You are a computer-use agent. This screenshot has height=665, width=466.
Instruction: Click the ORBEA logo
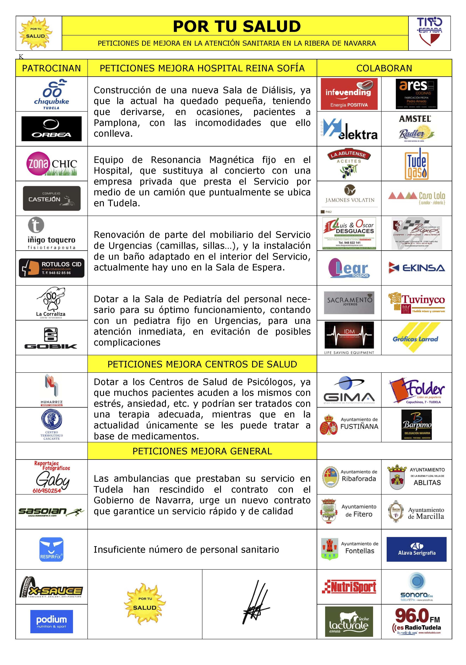pos(51,129)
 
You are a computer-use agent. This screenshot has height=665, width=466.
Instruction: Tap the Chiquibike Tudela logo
pos(51,94)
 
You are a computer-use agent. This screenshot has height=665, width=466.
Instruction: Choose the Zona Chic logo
pos(51,164)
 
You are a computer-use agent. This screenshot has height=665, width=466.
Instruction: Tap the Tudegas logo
pos(416,164)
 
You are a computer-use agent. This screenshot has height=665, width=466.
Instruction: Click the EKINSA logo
pos(416,268)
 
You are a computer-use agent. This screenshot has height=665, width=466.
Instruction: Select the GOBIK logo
pos(51,338)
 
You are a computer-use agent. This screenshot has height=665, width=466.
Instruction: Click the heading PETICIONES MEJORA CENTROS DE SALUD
pos(202,364)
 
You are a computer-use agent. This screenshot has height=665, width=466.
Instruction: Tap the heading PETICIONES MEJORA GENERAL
pos(202,451)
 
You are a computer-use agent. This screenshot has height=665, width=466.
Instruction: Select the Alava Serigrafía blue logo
pos(416,549)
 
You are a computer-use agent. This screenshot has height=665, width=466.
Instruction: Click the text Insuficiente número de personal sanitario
pos(186,549)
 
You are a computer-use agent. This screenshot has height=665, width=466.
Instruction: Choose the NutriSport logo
pos(349,587)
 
